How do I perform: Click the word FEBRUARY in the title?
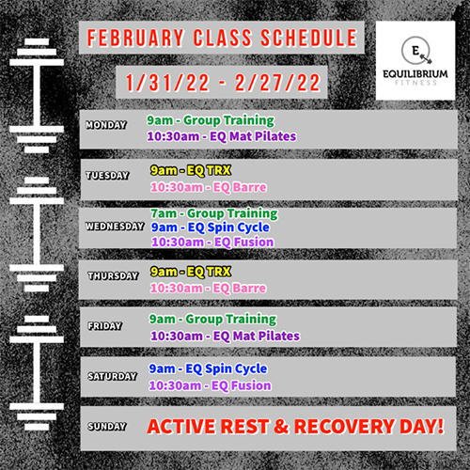click(x=135, y=38)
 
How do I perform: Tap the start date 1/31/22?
click(x=167, y=83)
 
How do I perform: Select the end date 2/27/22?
click(x=277, y=83)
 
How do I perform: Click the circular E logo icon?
click(x=416, y=51)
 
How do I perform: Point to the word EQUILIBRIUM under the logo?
click(x=415, y=74)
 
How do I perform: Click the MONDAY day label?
click(x=106, y=125)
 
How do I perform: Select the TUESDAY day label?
click(x=107, y=176)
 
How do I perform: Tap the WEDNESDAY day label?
click(x=115, y=227)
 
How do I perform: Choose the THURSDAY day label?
click(x=113, y=275)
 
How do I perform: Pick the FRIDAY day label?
click(x=105, y=326)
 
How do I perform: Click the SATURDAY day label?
click(x=113, y=376)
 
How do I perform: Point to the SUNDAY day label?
click(x=107, y=426)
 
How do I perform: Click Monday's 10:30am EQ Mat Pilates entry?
click(x=222, y=136)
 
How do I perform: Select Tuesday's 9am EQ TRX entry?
click(x=191, y=170)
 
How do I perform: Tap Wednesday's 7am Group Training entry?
click(x=214, y=213)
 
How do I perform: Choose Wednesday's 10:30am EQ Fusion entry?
click(x=212, y=242)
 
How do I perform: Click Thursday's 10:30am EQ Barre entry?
click(x=208, y=288)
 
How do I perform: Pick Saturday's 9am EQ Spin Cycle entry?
click(x=208, y=368)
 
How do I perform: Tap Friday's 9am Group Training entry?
click(x=212, y=320)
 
